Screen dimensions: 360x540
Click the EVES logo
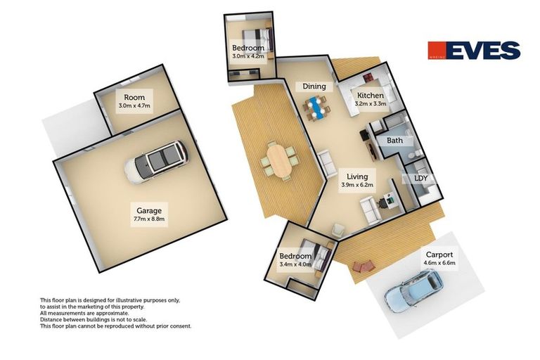[474, 51]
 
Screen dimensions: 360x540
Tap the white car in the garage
[155, 162]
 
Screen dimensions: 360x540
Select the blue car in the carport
[413, 290]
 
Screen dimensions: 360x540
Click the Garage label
[149, 210]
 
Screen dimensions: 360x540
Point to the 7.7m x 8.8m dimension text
[149, 219]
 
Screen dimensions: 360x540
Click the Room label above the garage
[134, 98]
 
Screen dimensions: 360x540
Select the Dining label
[314, 86]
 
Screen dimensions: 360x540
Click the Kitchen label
[370, 96]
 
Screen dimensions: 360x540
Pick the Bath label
[394, 141]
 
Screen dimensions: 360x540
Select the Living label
[356, 176]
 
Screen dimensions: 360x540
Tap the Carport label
[439, 255]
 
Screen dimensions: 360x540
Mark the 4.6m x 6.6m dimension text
[439, 263]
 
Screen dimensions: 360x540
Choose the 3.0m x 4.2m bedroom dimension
[248, 57]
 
